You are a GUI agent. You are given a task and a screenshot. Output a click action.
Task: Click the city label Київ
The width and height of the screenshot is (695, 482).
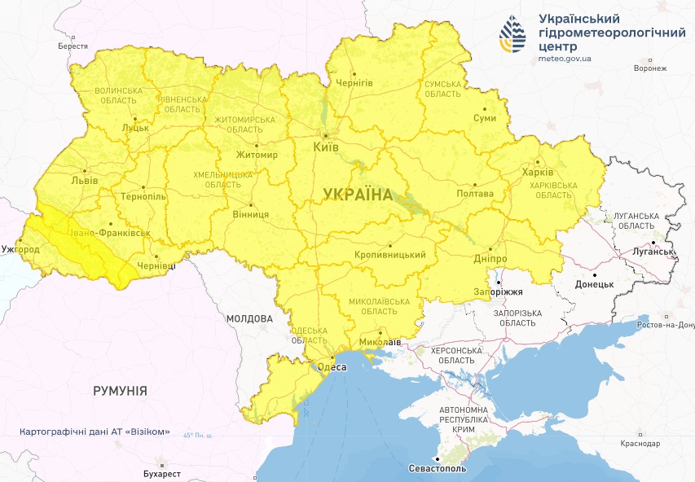[x=326, y=148]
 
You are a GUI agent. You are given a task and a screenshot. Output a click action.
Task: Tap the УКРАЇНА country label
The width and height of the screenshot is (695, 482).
[x=357, y=194]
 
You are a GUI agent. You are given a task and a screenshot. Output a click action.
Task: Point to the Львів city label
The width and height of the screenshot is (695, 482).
[x=85, y=180]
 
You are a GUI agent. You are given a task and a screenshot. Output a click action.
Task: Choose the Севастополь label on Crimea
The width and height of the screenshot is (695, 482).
[x=438, y=470]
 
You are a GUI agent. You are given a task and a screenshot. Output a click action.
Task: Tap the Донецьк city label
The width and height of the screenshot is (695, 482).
[x=594, y=284]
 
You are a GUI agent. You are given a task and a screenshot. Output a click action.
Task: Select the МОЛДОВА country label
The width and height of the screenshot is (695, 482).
[x=249, y=318]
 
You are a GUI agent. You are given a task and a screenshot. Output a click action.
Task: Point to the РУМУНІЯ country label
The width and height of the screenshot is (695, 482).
[x=121, y=391]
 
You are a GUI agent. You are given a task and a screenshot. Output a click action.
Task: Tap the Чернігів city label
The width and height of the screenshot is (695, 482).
[x=354, y=84]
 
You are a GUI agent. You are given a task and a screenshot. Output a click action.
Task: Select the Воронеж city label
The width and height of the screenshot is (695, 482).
[x=650, y=68]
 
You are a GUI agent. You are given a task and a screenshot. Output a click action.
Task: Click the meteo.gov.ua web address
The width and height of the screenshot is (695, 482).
[x=565, y=59]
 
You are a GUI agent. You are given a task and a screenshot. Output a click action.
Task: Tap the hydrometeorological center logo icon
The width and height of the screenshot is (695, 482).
[x=513, y=33]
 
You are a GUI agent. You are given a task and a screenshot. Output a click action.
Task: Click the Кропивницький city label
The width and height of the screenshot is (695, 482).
[x=390, y=255]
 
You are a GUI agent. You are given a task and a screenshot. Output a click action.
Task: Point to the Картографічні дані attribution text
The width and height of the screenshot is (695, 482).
[x=95, y=432]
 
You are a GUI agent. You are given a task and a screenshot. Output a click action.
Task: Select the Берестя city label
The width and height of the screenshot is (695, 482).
[x=73, y=46]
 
